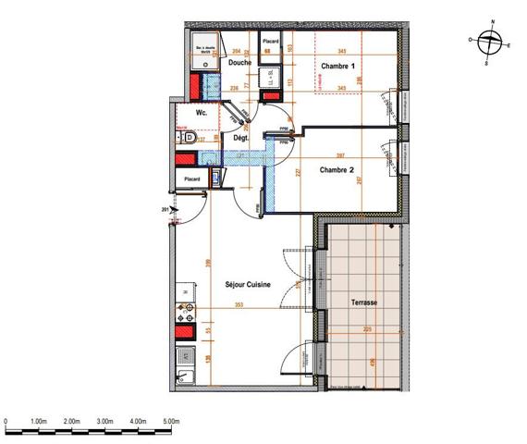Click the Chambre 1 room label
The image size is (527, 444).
338,67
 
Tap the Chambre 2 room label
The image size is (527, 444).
337,170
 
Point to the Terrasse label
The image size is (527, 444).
355,303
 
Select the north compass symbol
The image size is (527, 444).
492,40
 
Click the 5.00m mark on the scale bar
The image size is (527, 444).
170,422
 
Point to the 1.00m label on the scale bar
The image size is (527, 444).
39,422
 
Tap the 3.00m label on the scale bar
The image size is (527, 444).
104,422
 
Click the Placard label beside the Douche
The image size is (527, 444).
271,43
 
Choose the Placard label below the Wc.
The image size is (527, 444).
192,179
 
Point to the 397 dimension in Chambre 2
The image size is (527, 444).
340,154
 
